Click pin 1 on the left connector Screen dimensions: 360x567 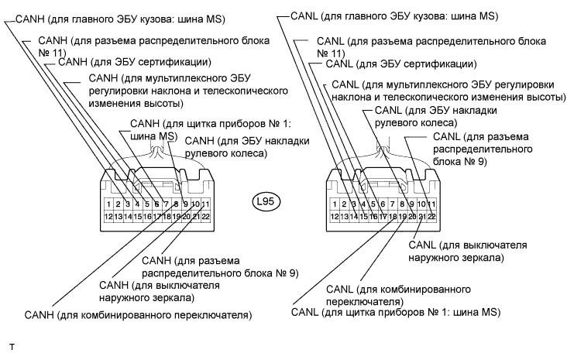point(110,204)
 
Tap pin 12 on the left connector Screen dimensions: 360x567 point(110,217)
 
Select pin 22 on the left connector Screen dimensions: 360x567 point(205,217)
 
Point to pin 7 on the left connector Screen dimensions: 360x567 point(167,204)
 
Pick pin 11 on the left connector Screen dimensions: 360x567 point(205,204)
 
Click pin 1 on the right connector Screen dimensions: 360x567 point(335,204)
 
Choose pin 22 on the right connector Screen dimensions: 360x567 point(431,217)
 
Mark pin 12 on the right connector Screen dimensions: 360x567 point(335,217)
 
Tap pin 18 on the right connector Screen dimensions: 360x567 point(393,217)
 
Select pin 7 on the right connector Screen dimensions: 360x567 point(393,204)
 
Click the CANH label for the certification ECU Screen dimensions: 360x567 point(123,61)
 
